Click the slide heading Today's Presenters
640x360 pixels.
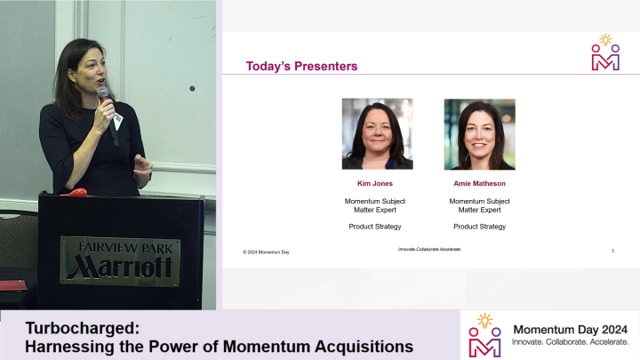point(301,66)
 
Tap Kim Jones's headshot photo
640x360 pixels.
point(377,133)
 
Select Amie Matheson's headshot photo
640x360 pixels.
point(479,133)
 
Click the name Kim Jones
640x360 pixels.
point(375,184)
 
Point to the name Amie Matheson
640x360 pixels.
point(479,184)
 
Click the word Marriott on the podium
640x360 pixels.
point(119,265)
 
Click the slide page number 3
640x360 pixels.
point(612,252)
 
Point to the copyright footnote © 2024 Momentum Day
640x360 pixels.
point(266,252)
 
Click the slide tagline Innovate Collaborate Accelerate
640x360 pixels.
point(436,250)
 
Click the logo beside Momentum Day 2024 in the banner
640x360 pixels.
point(485,335)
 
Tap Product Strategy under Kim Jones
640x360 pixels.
point(375,227)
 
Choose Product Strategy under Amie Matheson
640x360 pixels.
point(479,227)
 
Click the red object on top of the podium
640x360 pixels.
point(78,192)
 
